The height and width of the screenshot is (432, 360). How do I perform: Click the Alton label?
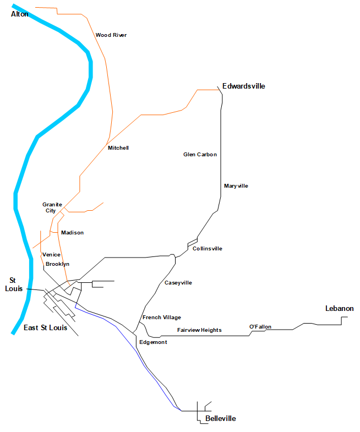20,14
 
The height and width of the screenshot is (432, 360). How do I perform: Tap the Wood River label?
111,35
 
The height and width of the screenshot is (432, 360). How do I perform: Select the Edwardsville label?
244,86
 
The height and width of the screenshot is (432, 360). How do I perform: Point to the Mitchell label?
118,148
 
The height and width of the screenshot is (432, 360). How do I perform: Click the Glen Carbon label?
200,155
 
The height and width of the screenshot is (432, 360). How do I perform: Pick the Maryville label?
236,186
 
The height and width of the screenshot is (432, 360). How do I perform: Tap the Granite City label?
52,207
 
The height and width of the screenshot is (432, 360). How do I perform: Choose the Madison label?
73,233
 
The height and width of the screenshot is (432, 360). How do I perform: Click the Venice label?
51,255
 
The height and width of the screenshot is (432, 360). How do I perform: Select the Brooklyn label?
57,264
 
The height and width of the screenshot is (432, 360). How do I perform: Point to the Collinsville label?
208,249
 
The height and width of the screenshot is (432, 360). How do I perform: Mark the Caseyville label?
178,283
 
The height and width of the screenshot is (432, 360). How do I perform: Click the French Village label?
162,318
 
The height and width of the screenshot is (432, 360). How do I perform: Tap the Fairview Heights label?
199,330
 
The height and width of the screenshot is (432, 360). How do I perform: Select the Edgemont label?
153,342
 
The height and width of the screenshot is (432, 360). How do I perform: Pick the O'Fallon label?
260,327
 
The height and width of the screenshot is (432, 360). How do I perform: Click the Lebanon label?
340,309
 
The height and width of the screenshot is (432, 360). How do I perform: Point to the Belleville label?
220,419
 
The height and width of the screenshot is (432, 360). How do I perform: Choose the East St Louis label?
46,328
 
